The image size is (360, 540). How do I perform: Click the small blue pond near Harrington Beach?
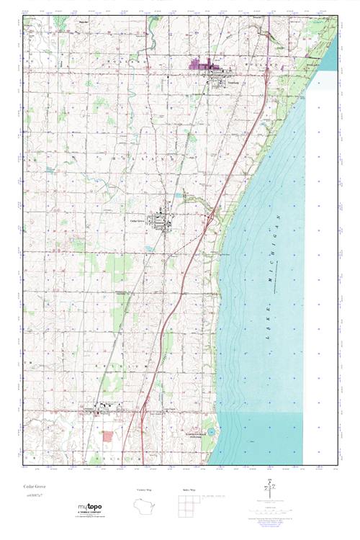point(207,433)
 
